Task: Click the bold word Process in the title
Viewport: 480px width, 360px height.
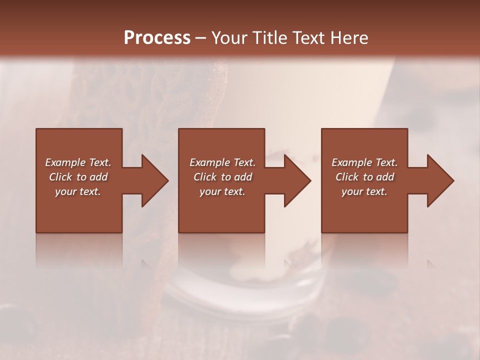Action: tap(157, 38)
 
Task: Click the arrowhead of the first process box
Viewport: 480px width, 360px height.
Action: tap(152, 180)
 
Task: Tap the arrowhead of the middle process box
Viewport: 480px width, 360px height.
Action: tap(295, 180)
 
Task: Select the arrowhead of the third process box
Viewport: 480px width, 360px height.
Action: tap(438, 180)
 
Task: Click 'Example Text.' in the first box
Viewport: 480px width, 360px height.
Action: tap(78, 162)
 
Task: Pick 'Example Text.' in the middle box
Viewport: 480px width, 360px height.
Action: tap(222, 162)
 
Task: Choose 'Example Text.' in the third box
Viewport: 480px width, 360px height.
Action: tap(364, 162)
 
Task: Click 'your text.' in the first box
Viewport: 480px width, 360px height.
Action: tap(78, 191)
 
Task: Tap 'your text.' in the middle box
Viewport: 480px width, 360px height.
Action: tap(222, 191)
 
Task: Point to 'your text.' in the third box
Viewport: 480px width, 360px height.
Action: tap(364, 191)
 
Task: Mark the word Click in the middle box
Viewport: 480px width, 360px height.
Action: tap(204, 177)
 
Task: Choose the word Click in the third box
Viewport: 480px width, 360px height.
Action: tap(347, 177)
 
